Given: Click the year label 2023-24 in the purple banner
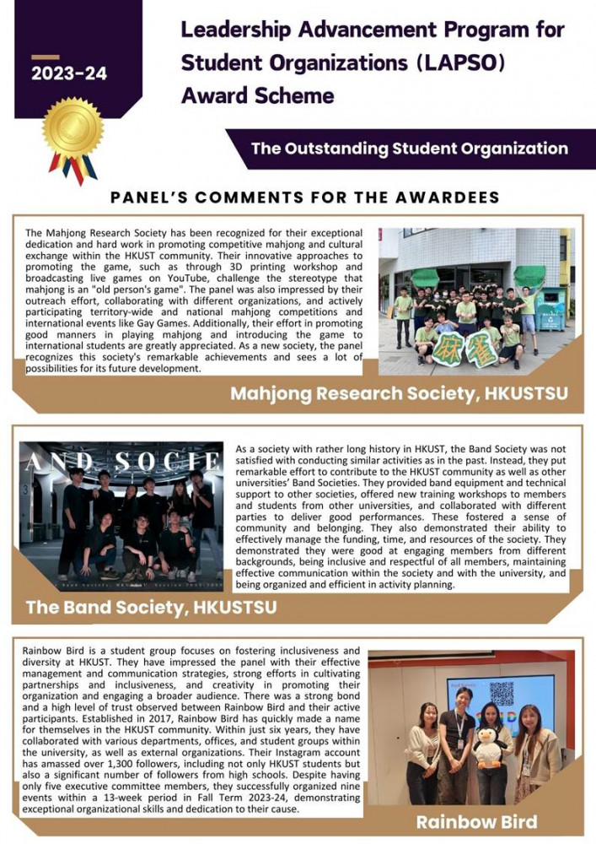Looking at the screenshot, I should [x=69, y=73].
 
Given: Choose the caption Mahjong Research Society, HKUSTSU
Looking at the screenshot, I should [x=399, y=393].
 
